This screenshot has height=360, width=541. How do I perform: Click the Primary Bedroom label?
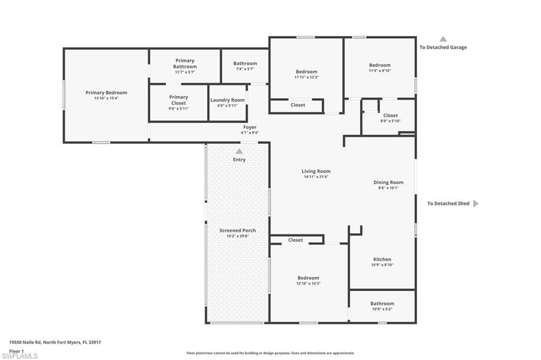[x=106, y=93]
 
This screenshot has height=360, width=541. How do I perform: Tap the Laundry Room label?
[x=227, y=100]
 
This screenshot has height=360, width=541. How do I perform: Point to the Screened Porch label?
[x=238, y=231]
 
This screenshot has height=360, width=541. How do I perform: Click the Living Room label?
[x=316, y=171]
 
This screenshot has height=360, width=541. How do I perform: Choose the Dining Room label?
[x=388, y=183]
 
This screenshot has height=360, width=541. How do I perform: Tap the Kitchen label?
[x=382, y=259]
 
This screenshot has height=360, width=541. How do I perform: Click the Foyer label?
[x=250, y=127]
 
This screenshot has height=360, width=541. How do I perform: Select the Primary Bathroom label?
[x=185, y=64]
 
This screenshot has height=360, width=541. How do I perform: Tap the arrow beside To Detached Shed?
[x=475, y=203]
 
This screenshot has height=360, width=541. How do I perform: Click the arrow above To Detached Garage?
[x=443, y=39]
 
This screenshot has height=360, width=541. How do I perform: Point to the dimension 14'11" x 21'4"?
[x=316, y=177]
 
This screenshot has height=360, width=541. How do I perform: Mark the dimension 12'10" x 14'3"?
[x=308, y=283]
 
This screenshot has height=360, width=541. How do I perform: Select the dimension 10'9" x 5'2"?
[x=382, y=309]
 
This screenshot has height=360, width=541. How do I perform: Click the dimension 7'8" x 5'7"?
[x=245, y=69]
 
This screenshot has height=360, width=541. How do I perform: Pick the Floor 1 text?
[x=16, y=350]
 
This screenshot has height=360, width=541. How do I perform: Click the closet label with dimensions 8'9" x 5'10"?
[x=390, y=116]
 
